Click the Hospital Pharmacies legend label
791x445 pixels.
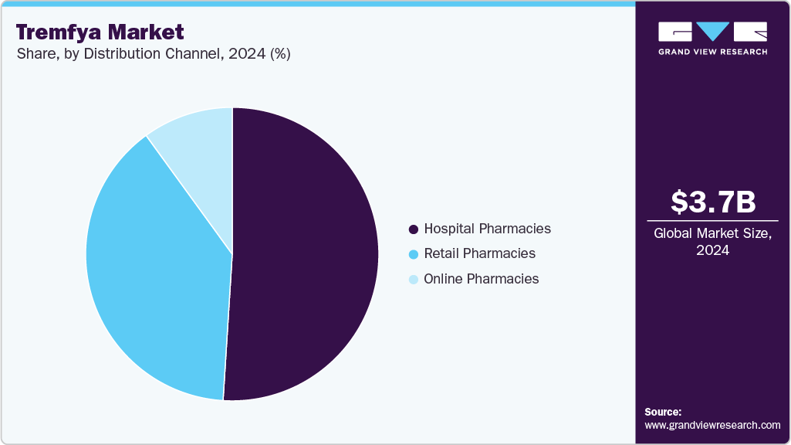pyautogui.click(x=487, y=229)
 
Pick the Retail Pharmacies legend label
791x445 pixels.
pyautogui.click(x=479, y=253)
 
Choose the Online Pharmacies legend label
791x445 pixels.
pyautogui.click(x=481, y=279)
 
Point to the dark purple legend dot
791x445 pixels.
pyautogui.click(x=413, y=229)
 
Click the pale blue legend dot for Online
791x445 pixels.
pyautogui.click(x=413, y=280)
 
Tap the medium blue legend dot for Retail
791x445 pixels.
pyautogui.click(x=413, y=254)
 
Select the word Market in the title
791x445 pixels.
pyautogui.click(x=150, y=32)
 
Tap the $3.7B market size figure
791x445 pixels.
pyautogui.click(x=712, y=202)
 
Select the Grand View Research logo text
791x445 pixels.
pyautogui.click(x=712, y=52)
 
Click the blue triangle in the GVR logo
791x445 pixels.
pyautogui.click(x=713, y=32)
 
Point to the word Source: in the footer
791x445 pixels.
pyautogui.click(x=663, y=412)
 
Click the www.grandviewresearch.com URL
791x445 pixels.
pyautogui.click(x=712, y=425)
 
